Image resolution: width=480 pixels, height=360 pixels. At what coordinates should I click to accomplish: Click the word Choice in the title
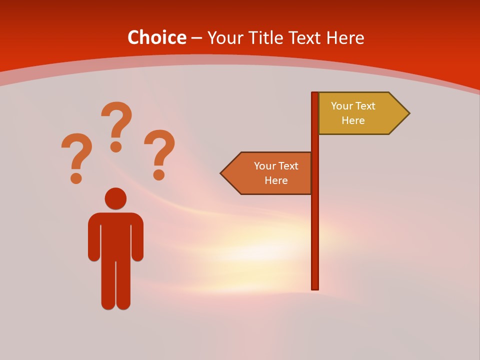click(x=156, y=37)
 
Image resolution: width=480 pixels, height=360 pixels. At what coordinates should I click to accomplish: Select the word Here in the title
click(x=345, y=37)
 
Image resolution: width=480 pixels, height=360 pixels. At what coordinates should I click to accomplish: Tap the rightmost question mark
click(x=159, y=154)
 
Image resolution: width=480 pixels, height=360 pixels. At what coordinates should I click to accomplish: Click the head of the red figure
click(x=115, y=198)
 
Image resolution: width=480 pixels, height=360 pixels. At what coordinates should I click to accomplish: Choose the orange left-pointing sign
click(x=270, y=173)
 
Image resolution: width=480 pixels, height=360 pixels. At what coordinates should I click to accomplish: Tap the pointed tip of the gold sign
click(x=407, y=113)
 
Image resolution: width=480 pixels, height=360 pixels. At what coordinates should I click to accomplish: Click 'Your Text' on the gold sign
click(x=353, y=106)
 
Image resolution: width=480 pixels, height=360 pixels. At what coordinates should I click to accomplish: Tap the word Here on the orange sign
click(x=276, y=180)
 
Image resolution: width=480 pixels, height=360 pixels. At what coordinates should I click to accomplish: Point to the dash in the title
click(x=196, y=38)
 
